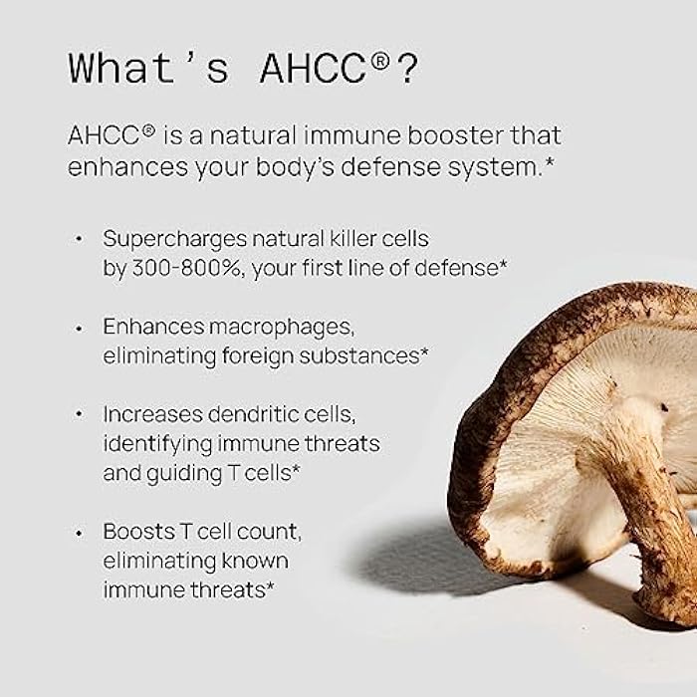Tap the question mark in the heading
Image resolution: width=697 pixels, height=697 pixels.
coord(407,69)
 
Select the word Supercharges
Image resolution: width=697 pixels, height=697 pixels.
coord(165,239)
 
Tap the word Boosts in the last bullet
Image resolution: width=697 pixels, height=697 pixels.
coord(135,533)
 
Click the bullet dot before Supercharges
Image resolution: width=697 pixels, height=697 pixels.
coord(79,240)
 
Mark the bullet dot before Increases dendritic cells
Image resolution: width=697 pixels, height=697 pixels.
coord(79,415)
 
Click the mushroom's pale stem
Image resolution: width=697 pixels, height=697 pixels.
coord(638,468)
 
